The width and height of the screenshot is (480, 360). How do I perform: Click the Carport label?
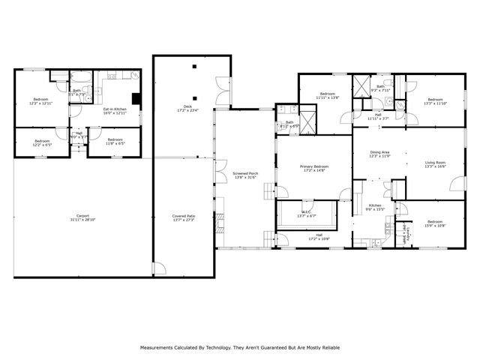82,216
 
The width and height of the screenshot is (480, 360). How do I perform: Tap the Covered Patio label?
184,216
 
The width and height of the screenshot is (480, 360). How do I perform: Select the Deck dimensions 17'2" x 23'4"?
188,112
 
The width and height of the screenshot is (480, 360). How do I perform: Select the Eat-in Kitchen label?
115,109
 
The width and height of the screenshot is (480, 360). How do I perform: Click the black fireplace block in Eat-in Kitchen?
136,97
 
